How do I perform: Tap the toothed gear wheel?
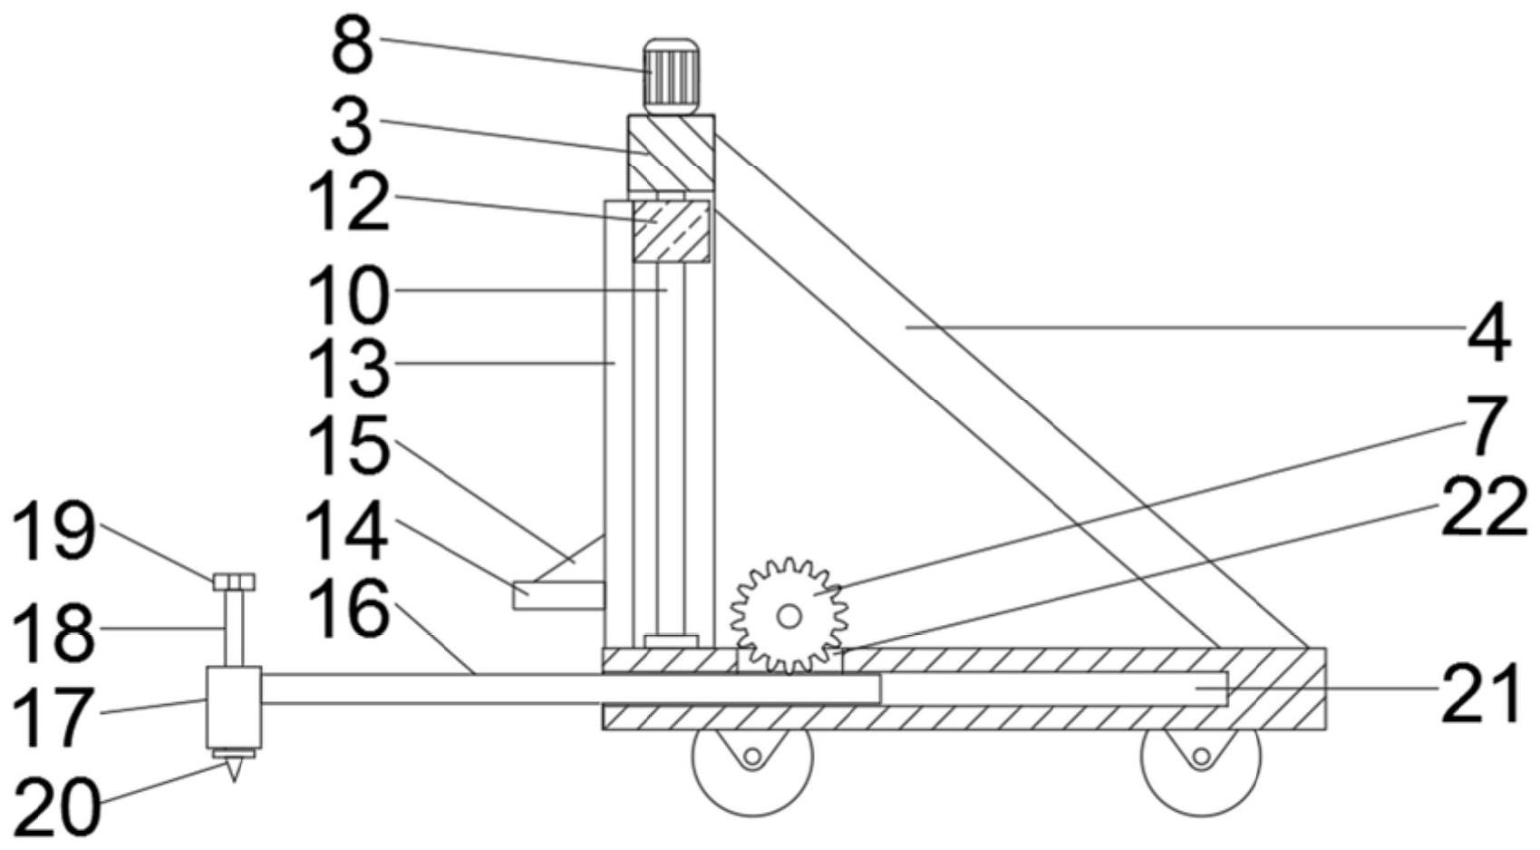point(789,616)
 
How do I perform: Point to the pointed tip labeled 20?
point(234,768)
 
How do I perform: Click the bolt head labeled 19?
point(234,581)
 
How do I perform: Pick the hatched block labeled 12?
point(671,231)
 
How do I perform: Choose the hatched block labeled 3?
point(671,152)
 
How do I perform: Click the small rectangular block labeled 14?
point(558,595)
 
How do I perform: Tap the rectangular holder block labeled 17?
point(234,708)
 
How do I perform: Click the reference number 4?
point(1487,333)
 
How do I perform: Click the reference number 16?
point(348,609)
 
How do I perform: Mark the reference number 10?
point(348,295)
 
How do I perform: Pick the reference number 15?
point(348,445)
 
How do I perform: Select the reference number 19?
point(54,531)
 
